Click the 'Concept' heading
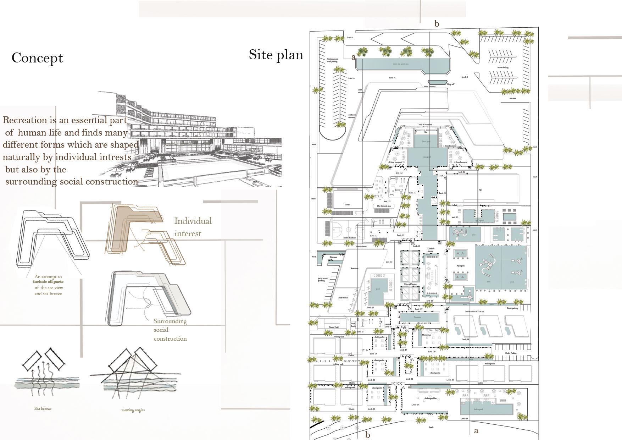coord(37,58)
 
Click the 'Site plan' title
coord(276,55)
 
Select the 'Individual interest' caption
coord(193,227)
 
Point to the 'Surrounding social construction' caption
coord(170,330)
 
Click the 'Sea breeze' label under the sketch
coord(43,408)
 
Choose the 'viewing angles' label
coord(133,410)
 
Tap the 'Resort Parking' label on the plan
coord(503,67)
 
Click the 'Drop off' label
coord(450,84)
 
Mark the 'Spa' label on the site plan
coord(481,190)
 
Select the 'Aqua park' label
coord(461,265)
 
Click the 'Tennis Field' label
coord(334,327)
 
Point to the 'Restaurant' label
coord(355,268)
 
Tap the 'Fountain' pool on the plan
coord(417,317)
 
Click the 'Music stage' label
coord(427,335)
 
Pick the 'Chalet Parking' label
coord(511,353)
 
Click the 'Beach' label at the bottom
coord(431,427)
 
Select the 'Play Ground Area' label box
coord(384,206)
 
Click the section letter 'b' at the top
coord(437,24)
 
